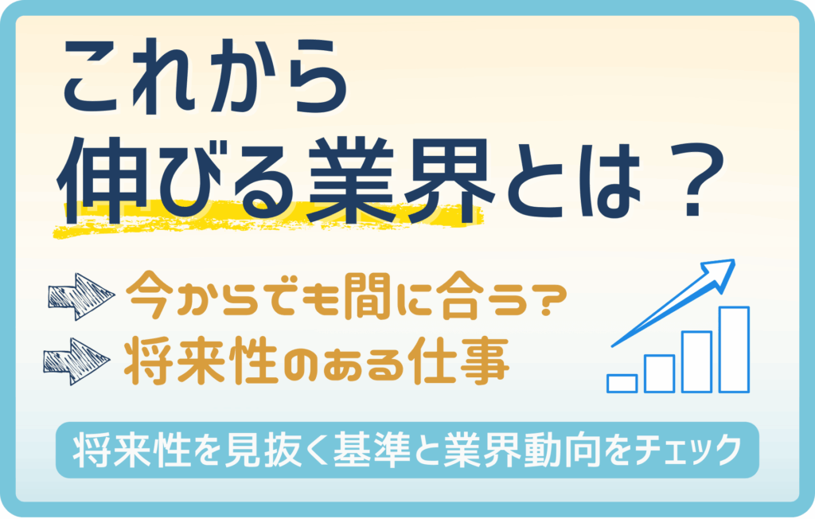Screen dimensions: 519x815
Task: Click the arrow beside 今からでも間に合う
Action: pyautogui.click(x=80, y=296)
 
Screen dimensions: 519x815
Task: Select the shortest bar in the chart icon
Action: pyautogui.click(x=622, y=383)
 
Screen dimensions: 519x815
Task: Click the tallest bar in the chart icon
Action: pyautogui.click(x=734, y=349)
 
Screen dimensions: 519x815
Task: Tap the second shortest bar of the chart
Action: pyautogui.click(x=659, y=373)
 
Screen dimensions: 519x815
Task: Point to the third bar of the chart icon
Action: pyautogui.click(x=696, y=361)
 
